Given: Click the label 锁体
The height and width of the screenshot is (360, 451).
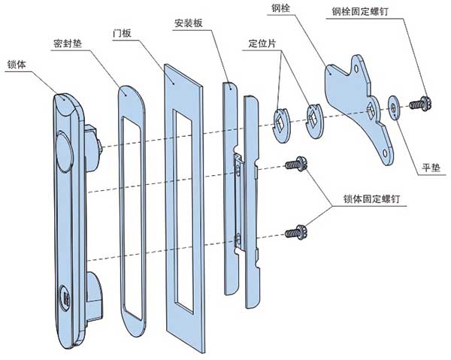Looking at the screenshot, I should pyautogui.click(x=17, y=64).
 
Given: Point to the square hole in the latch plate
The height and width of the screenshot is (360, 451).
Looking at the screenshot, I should pyautogui.click(x=373, y=111).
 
